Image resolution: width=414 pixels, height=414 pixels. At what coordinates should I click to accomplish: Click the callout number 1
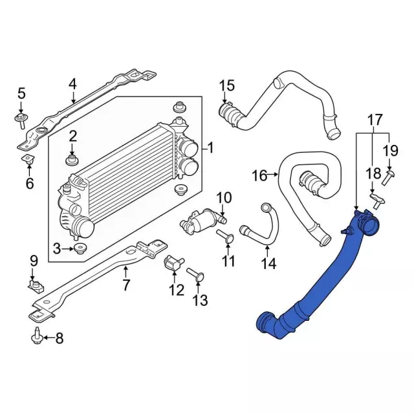(x=210, y=148)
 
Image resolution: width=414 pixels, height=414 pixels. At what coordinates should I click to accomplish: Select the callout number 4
(x=72, y=83)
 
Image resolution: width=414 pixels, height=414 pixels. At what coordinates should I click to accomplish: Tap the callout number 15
(x=226, y=85)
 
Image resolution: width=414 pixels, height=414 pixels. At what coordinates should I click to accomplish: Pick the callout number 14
(x=268, y=263)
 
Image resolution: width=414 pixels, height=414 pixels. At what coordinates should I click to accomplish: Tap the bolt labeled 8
(x=37, y=336)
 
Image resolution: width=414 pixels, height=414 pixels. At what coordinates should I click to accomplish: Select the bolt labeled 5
(x=20, y=118)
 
